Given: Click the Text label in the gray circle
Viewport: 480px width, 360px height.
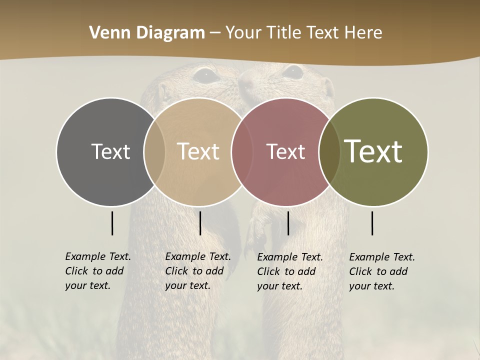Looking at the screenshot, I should pyautogui.click(x=110, y=151).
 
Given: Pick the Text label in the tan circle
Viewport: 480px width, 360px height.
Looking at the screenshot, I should pyautogui.click(x=198, y=151).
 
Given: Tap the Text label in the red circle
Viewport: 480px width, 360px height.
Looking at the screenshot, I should pyautogui.click(x=285, y=151).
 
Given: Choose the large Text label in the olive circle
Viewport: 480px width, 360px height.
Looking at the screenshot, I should pyautogui.click(x=373, y=151).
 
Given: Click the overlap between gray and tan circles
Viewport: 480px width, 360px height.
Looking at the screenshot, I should pyautogui.click(x=154, y=151).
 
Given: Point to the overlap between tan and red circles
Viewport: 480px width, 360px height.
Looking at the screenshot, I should pyautogui.click(x=237, y=151).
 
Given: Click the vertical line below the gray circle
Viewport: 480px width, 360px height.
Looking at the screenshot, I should pyautogui.click(x=112, y=223).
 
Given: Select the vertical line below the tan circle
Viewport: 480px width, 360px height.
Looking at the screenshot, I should pyautogui.click(x=200, y=223).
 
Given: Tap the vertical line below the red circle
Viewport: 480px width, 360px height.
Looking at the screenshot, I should pyautogui.click(x=288, y=223).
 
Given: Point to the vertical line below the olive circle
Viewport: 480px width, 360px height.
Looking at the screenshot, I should pyautogui.click(x=372, y=223).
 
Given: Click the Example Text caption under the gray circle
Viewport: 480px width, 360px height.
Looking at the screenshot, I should pyautogui.click(x=97, y=271).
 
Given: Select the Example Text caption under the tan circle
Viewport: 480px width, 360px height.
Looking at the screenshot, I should pyautogui.click(x=197, y=271).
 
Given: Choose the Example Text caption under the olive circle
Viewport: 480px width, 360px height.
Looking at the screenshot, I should pyautogui.click(x=381, y=271).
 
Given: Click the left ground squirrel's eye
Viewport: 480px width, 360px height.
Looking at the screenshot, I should pyautogui.click(x=205, y=75).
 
